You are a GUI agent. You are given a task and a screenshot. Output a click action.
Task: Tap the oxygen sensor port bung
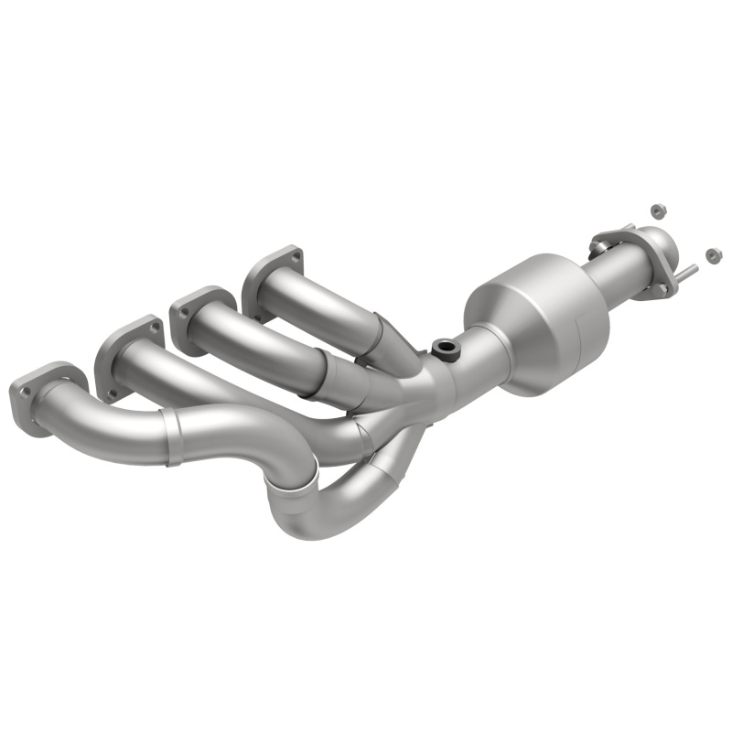pos(445,347)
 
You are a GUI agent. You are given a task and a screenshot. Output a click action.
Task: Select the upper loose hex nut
pos(656,210)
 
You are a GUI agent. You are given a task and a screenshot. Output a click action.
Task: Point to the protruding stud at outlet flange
pos(688,271)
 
